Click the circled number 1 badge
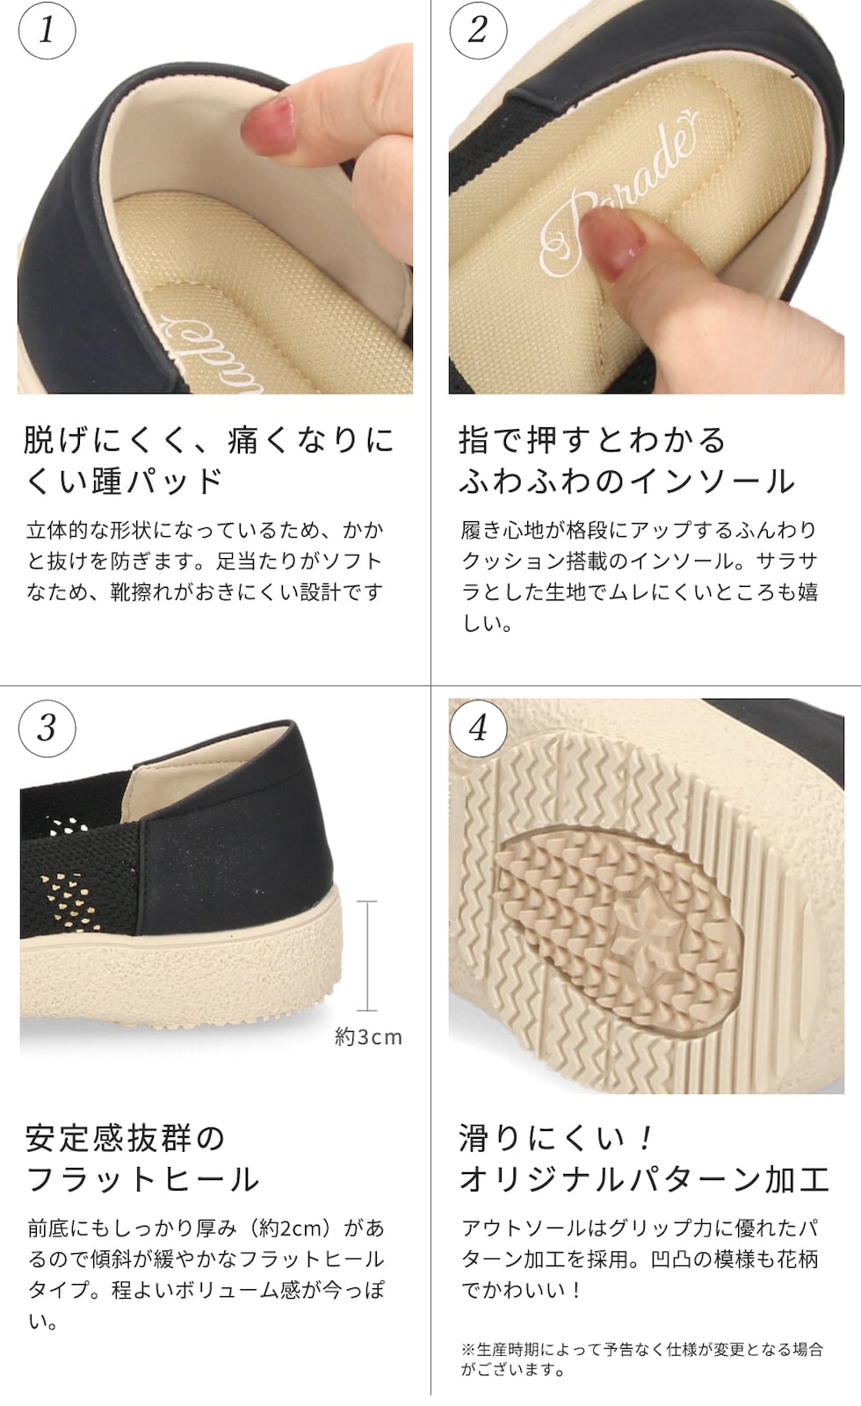[47, 30]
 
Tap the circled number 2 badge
[478, 30]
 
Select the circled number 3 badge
[47, 728]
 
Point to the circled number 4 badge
[478, 728]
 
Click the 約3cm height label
[368, 1037]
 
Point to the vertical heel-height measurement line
[367, 956]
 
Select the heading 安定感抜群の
[125, 1139]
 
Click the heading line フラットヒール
[142, 1179]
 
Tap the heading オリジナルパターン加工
[645, 1179]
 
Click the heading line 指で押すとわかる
[592, 440]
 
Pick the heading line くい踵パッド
[124, 482]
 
